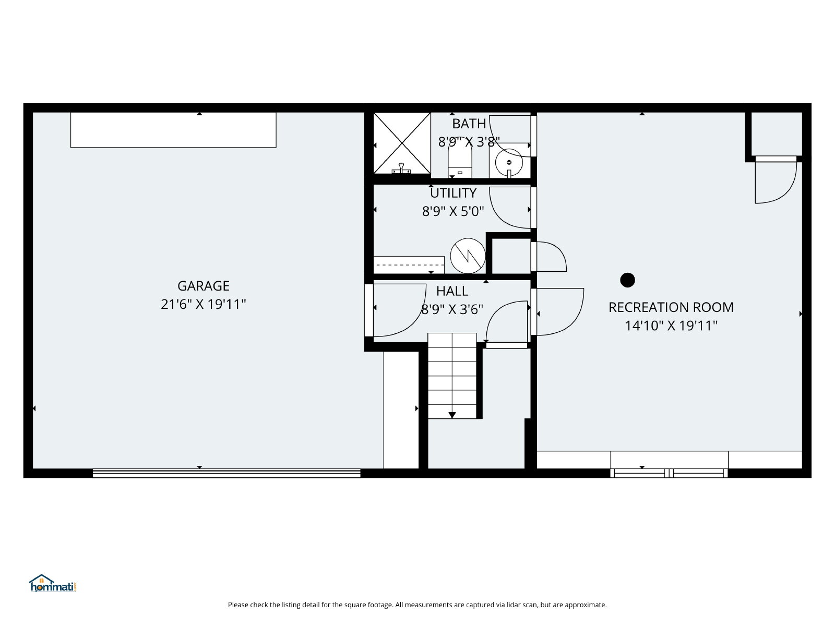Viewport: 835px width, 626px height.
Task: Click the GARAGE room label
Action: coord(204,286)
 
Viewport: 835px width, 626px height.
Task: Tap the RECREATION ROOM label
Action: coord(671,307)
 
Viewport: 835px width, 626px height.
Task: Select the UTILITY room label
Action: coord(453,193)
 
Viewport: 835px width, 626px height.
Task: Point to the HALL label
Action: coord(452,291)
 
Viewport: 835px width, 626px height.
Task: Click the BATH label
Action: coord(469,124)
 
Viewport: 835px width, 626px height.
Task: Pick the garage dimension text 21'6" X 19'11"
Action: coord(204,304)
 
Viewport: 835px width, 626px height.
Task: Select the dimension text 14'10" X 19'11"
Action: coord(671,326)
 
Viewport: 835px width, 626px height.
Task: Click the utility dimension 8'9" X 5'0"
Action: coord(453,211)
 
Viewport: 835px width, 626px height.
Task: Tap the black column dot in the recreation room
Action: coord(627,280)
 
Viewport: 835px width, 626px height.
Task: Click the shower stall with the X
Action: coord(402,143)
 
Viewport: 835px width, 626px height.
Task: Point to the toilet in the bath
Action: coord(460,160)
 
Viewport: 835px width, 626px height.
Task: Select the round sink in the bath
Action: coord(509,163)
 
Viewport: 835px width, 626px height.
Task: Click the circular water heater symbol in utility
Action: coord(468,256)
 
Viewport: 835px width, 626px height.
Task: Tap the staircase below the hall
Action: coord(452,376)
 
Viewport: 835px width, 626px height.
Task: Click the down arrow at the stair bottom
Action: coord(452,415)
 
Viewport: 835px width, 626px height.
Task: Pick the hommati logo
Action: coord(53,583)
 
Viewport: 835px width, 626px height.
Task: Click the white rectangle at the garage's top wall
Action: coord(173,130)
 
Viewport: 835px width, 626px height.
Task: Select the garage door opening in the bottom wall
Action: coord(226,473)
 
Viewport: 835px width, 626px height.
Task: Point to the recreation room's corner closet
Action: coord(777,134)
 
